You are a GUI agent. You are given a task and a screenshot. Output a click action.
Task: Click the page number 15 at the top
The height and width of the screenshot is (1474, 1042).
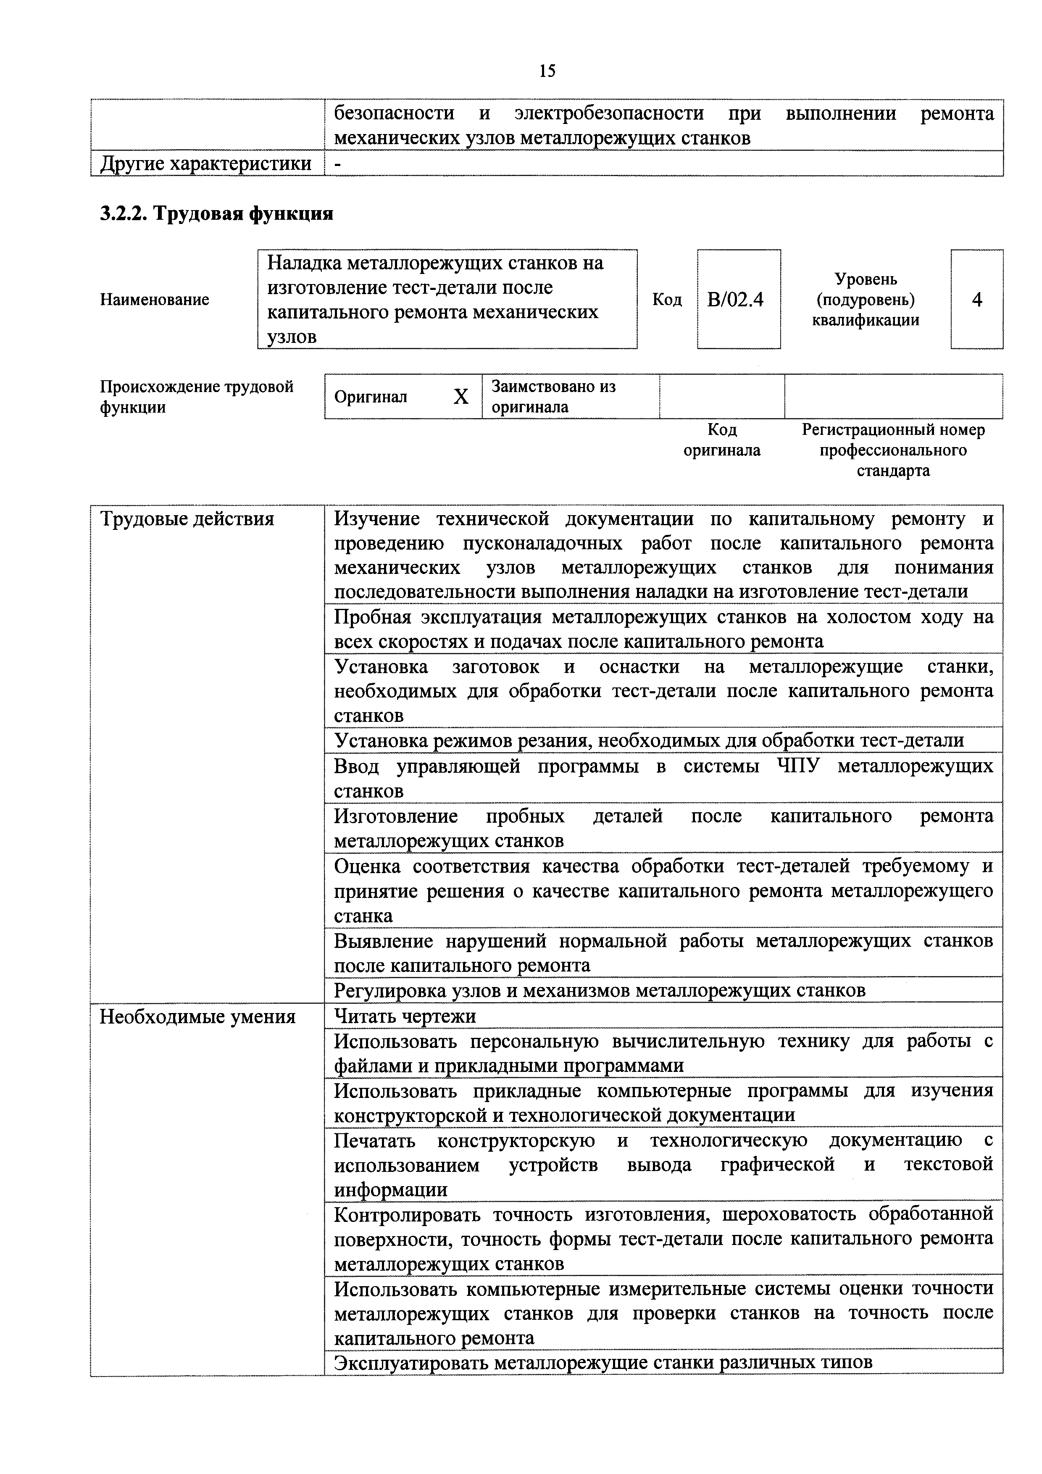coord(547,71)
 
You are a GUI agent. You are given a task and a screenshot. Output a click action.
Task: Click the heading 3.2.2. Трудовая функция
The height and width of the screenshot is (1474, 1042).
coord(216,213)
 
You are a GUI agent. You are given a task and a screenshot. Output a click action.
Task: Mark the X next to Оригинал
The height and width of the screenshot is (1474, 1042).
coord(461,397)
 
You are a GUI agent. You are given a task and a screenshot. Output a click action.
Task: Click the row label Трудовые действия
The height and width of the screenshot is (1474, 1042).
coord(187,519)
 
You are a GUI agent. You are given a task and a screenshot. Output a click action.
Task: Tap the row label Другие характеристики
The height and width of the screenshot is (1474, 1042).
coord(205,164)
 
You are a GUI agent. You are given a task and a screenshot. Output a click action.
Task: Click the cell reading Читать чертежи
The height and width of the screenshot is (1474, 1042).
coord(405,1016)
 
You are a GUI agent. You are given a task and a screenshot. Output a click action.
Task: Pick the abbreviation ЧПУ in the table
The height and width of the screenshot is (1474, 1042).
coord(798,766)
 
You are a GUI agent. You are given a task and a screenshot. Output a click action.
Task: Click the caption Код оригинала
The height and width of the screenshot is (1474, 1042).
coord(722,440)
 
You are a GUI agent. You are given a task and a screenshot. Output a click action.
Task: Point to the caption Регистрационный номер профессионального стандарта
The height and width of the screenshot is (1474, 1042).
coord(892,450)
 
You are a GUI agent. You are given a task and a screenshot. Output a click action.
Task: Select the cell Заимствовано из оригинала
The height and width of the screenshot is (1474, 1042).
coord(553,397)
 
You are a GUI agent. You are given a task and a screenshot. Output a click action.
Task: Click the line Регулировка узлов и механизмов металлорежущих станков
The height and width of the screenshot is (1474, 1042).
coord(600,991)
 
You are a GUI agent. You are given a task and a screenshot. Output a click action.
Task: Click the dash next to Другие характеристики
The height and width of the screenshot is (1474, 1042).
coord(338,164)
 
